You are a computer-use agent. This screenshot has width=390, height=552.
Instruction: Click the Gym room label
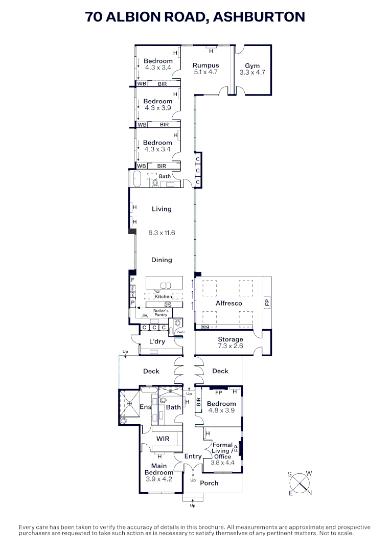click(x=252, y=66)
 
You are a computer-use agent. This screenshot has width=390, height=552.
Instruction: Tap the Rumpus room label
click(x=205, y=65)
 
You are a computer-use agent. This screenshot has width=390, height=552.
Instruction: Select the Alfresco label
click(x=229, y=303)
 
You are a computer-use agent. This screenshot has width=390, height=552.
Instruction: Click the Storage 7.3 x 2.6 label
click(x=230, y=342)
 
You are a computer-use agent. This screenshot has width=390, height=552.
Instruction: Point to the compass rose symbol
click(x=300, y=482)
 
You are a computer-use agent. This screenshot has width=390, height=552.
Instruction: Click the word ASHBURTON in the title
click(x=259, y=17)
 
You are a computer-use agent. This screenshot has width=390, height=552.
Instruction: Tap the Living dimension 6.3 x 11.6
click(x=162, y=233)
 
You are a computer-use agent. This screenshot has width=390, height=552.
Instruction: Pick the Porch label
click(x=209, y=483)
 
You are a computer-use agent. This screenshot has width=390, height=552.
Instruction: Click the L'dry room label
click(x=157, y=341)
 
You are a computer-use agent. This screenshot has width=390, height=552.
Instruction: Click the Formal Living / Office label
click(x=222, y=451)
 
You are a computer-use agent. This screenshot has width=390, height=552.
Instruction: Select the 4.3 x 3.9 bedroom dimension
click(x=158, y=108)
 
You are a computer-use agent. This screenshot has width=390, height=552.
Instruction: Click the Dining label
click(x=162, y=260)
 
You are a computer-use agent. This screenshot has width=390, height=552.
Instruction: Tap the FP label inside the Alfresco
click(x=266, y=303)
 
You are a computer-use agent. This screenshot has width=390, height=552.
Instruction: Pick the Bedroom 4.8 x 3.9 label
click(x=221, y=407)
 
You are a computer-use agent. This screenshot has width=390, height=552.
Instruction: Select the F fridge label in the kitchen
click(x=132, y=280)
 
